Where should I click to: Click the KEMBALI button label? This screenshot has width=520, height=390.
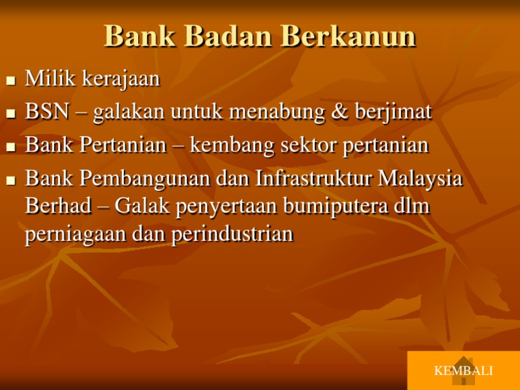463,371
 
